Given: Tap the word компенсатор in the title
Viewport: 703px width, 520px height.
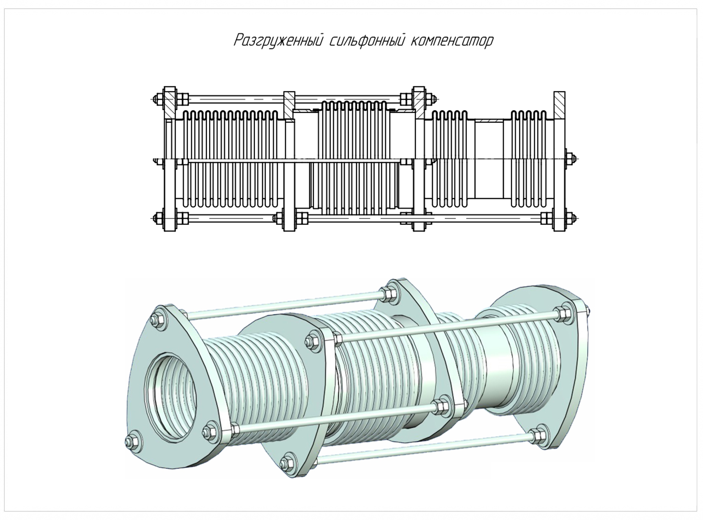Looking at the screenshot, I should coord(452,40).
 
